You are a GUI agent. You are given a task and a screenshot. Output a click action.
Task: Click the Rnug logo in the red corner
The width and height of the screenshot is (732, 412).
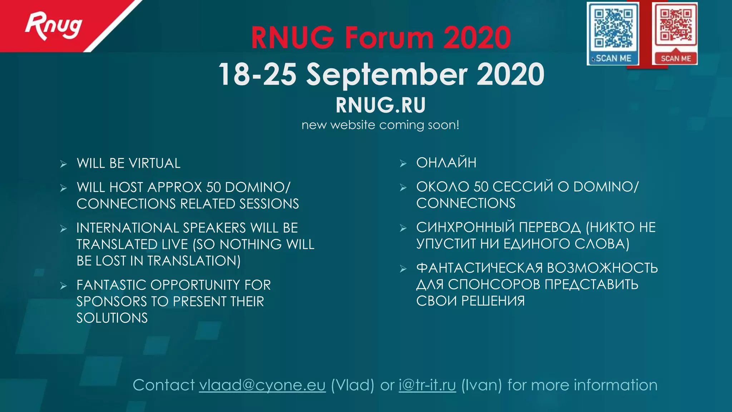coord(53,26)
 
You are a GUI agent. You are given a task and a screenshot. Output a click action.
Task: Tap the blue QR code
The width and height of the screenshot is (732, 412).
coord(613,29)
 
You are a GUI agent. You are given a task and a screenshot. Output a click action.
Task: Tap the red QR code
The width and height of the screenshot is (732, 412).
coord(676,26)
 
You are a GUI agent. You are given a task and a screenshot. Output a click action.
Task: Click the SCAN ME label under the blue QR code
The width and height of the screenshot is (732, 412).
coord(613,58)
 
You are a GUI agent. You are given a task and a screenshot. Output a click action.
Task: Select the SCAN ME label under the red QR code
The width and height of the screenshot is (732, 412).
coord(676,59)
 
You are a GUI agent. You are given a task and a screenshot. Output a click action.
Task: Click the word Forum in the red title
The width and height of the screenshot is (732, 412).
coord(389,38)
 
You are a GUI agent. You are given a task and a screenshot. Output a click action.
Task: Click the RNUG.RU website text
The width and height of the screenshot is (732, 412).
coord(381,105)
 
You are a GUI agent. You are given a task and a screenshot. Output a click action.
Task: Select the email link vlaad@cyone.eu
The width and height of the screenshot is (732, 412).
coord(262,385)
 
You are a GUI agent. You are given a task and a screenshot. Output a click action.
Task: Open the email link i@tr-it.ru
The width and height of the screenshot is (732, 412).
coord(427,385)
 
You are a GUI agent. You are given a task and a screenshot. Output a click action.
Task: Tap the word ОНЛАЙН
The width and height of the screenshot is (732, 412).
coord(446,163)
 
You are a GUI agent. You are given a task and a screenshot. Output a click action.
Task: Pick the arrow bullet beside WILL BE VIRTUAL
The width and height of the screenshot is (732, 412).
coord(64,164)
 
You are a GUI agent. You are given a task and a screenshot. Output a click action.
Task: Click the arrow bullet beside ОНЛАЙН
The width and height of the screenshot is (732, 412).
coord(403,163)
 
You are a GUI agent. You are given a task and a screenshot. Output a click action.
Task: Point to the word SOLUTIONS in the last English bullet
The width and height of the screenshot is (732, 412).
coord(112,318)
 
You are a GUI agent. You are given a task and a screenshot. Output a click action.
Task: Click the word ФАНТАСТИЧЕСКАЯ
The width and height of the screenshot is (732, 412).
coord(479,268)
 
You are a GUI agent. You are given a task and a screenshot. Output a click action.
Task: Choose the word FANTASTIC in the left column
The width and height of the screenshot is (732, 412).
coord(111,285)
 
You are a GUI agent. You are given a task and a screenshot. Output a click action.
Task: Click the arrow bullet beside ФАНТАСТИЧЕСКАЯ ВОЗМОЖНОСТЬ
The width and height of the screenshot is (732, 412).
coord(403,269)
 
